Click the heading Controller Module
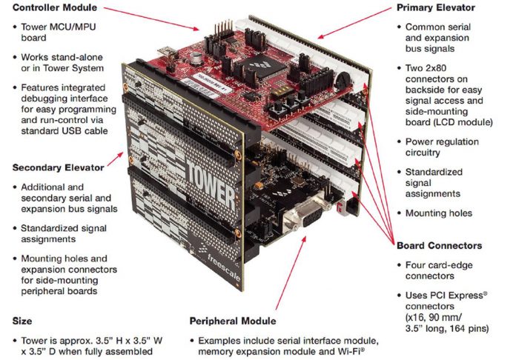coord(55,7)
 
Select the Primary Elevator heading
coord(436,8)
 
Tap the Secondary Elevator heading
coord(59,167)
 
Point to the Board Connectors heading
coord(440,246)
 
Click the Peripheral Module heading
coord(233,321)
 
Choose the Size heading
coord(22,321)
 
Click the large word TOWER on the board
coord(211,187)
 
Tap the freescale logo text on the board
coord(224,267)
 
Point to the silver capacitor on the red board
coord(196,57)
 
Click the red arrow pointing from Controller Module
coord(151,19)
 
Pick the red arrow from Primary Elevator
coord(354,23)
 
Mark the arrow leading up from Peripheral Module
coord(291,273)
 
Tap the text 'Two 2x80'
coord(426,68)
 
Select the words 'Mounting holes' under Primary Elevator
coord(439,213)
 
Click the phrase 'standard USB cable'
coord(64,131)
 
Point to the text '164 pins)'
coord(469,328)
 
